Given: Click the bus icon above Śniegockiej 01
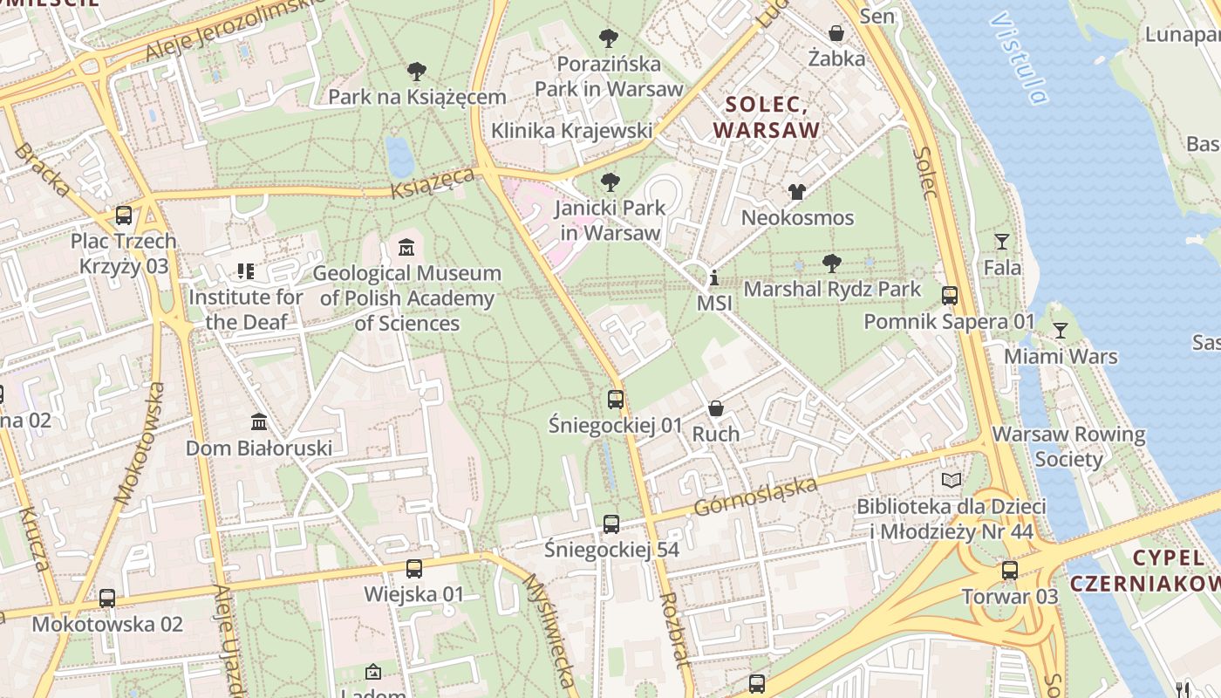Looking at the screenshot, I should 616,400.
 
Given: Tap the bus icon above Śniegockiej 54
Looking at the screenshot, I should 611,524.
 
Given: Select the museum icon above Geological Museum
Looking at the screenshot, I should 406,248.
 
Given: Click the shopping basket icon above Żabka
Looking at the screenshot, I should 836,33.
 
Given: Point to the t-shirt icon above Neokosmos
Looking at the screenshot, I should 797,192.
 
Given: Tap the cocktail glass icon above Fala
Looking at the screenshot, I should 1002,242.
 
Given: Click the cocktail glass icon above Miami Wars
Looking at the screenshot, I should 1061,331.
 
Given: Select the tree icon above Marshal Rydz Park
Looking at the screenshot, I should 832,263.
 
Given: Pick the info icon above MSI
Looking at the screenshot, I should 714,278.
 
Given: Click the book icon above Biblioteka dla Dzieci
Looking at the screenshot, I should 952,481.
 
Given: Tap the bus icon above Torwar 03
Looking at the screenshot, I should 1010,571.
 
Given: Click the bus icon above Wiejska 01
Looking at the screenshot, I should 414,569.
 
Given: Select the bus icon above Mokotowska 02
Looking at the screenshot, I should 107,599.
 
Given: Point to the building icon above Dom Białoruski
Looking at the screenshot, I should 259,422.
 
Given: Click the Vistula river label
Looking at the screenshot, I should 1019,58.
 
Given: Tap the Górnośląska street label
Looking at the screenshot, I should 755,496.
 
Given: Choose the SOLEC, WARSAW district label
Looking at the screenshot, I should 767,118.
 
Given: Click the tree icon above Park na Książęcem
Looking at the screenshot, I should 417,72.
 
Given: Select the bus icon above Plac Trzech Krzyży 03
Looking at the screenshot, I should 124,215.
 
